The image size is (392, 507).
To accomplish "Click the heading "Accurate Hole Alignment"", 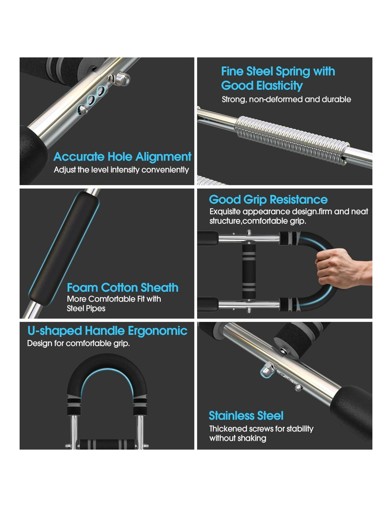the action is coord(122,156).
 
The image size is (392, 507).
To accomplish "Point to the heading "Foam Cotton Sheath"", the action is coord(123,287).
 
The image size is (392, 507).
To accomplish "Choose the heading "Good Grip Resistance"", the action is coord(268,200).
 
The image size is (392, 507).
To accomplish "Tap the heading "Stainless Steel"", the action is coord(246,416).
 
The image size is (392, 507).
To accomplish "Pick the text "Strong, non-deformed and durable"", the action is coord(287,99).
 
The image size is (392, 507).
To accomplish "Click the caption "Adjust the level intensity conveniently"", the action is coord(121,170).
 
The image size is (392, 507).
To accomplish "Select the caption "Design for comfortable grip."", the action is coord(78,343).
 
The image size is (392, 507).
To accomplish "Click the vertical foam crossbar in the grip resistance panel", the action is coord(249,271).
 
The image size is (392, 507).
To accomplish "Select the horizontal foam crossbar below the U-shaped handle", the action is coord(107,444).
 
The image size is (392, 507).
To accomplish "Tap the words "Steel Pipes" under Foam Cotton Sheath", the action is coord(86,308).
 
